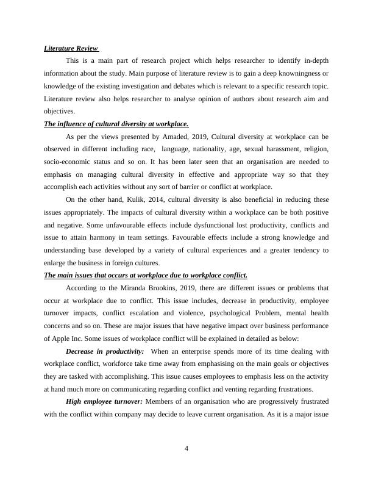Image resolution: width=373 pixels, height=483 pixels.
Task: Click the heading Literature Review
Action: coord(71,48)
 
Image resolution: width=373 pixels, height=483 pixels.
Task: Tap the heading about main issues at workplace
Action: coord(145,275)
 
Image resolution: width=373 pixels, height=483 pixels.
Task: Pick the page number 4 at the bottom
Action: coord(187,449)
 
